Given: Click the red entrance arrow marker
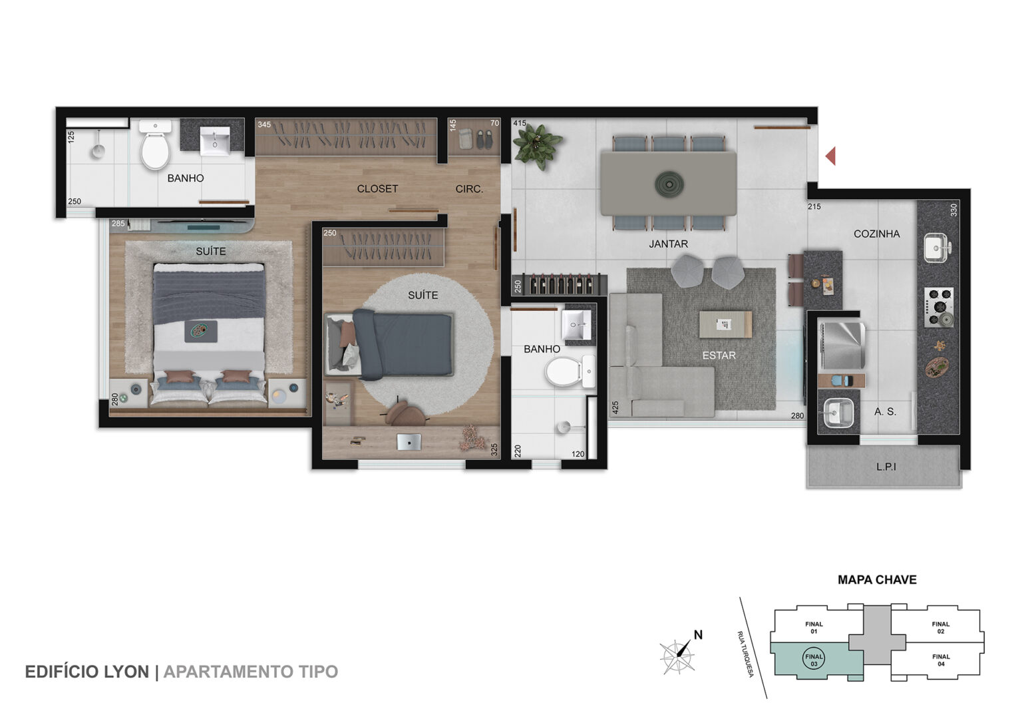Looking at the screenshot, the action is tap(831, 156).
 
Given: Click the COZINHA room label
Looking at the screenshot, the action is tap(876, 234).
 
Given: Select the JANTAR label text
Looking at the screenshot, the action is tap(669, 244).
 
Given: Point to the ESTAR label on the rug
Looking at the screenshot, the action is tap(719, 355).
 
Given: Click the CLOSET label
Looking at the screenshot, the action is tap(377, 188).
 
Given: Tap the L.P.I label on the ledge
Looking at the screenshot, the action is tap(886, 467).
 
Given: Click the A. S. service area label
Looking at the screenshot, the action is tap(885, 411).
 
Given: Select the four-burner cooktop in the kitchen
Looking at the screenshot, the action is tap(939, 307).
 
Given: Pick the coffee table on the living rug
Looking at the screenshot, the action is tap(725, 324).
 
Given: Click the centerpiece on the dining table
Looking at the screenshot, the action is tap(669, 185).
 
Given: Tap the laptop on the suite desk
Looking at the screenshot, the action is tap(409, 442).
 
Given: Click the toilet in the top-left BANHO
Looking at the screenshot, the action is tap(155, 144).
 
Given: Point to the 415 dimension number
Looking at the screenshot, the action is tap(520, 123).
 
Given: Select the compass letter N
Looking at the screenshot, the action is tap(698, 635).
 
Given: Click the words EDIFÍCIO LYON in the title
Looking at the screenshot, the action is tap(87, 672).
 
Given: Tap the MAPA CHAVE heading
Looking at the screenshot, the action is tap(877, 580).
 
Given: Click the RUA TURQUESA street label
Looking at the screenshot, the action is tap(745, 654).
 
